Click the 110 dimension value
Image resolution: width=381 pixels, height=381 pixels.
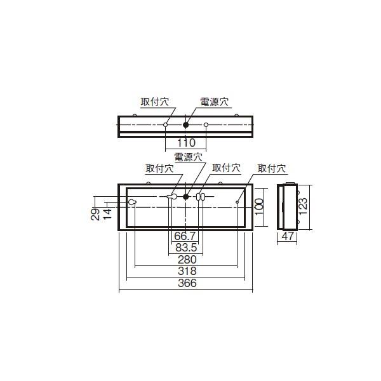[x=185, y=144]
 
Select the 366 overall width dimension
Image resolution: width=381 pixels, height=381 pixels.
[x=186, y=284]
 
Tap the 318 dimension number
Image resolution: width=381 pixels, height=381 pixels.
[x=186, y=272]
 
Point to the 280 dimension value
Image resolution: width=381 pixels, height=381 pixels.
[x=186, y=260]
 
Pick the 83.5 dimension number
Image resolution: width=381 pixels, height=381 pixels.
[x=186, y=248]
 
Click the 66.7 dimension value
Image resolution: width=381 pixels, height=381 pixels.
[x=185, y=236]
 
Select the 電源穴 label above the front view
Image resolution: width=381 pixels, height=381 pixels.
[x=188, y=157]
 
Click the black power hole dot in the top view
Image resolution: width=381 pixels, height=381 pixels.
[x=186, y=125]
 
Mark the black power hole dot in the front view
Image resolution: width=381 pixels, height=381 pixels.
[x=186, y=197]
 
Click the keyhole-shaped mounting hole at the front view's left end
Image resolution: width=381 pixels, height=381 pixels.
[x=132, y=202]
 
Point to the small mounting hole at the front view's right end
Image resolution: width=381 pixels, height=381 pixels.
[x=237, y=203]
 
